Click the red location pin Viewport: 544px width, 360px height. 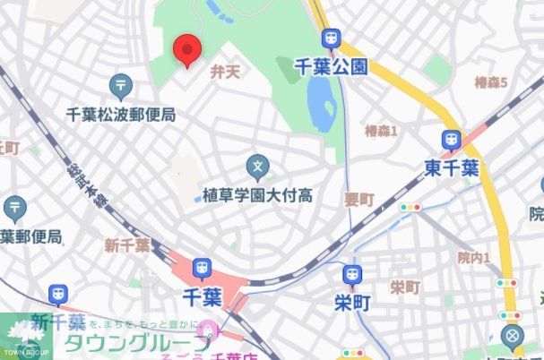186,48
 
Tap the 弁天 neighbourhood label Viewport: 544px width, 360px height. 225,72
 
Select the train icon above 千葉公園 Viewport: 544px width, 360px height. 332,39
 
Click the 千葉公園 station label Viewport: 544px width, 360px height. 332,65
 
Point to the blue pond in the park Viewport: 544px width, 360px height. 320,107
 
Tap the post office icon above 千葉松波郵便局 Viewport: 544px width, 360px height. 120,86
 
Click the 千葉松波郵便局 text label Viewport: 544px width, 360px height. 120,114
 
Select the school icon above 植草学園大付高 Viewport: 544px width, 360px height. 257,166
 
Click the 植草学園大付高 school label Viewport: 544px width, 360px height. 257,193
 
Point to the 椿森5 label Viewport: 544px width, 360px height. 491,82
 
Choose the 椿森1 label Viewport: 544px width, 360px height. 381,132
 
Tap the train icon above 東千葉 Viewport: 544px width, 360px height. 452,140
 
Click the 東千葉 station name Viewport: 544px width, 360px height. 452,167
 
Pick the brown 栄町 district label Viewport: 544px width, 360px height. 405,287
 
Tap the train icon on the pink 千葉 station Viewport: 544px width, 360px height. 202,267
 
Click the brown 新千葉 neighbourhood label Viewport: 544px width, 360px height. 126,245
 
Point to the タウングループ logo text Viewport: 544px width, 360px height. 137,342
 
